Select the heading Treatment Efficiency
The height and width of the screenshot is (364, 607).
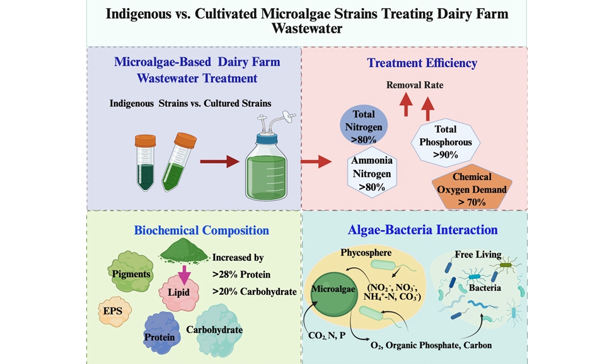pos(422,63)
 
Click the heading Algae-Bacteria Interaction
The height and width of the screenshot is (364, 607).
pos(422,230)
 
